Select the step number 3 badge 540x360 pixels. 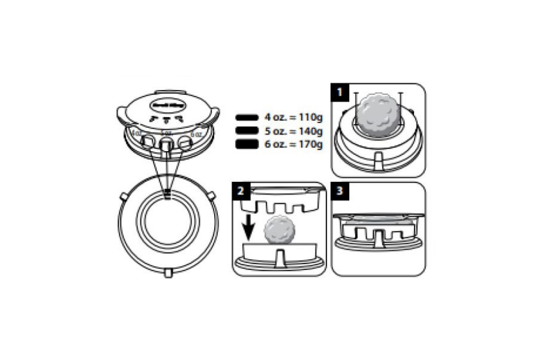coord(340,190)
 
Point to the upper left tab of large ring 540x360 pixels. coord(122,197)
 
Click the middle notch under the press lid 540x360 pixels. coord(166,144)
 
